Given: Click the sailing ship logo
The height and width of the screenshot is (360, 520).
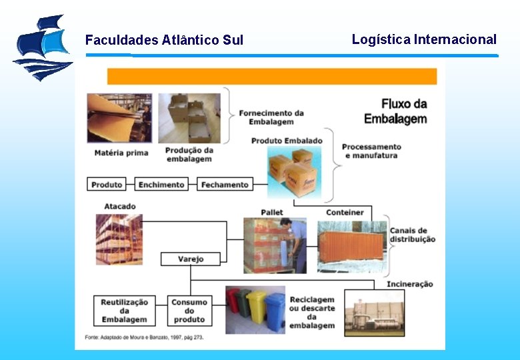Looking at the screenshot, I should coord(42,47).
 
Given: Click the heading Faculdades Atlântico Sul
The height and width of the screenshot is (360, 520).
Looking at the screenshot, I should coord(164,40).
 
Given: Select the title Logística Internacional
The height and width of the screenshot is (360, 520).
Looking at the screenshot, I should coord(424,39).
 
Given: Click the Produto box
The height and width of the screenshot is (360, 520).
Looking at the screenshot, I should coord(107,185).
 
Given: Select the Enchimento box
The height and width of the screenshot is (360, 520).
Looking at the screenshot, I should coord(161,185).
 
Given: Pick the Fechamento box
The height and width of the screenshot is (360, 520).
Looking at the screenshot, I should coord(225,185).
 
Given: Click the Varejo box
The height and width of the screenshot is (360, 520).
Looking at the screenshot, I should coord(191,259).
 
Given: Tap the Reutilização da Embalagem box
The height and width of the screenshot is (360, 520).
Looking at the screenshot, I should coord(125,311).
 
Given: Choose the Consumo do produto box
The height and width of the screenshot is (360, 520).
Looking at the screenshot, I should coord(189,311).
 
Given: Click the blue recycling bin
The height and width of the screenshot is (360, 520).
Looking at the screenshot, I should coord(275,311).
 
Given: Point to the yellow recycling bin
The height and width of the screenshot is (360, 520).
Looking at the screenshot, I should coord(257,307).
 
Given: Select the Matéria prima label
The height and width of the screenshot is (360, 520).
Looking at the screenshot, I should coord(121,153).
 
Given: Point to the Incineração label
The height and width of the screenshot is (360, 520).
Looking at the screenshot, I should coord(409,284).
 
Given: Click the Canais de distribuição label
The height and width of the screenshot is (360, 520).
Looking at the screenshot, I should coord(413,235).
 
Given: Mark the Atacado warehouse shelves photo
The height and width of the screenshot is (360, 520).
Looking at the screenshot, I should coord(119,238).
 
